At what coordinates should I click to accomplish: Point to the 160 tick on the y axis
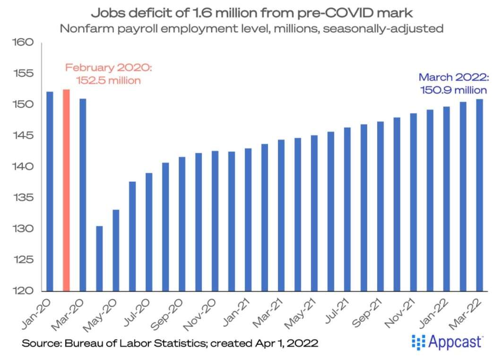click(x=24, y=43)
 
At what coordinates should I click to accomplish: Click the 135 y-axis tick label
click(x=24, y=198)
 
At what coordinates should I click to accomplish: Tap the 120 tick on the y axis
click(x=24, y=291)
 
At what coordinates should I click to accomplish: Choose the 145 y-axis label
click(x=24, y=136)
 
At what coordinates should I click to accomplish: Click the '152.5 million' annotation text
click(x=109, y=80)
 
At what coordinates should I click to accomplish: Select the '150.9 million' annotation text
click(x=453, y=90)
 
